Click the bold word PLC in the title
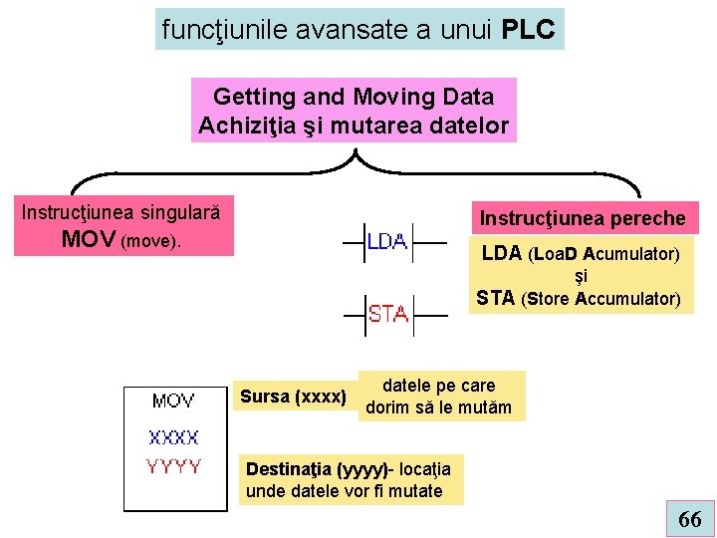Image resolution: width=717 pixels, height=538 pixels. (x=529, y=30)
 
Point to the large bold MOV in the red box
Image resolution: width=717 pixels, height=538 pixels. (x=88, y=240)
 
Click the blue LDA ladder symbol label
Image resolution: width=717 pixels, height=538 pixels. (x=387, y=241)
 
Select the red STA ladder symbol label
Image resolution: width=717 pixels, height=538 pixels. (x=387, y=314)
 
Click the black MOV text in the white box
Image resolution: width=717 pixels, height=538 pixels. (x=173, y=402)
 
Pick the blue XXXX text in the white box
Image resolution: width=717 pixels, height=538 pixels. (x=173, y=436)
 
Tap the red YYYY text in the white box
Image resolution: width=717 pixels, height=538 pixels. (x=173, y=465)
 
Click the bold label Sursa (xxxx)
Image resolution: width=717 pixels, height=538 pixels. (x=293, y=398)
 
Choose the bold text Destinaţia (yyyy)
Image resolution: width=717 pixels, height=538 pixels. (x=318, y=468)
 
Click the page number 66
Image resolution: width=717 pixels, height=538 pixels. (x=689, y=519)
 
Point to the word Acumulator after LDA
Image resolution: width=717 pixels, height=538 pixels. (x=634, y=254)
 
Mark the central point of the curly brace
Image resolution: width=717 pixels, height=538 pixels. (x=357, y=159)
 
